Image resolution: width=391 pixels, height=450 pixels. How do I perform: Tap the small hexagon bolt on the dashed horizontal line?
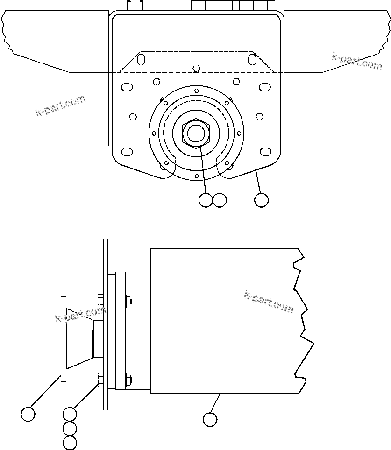click(x=197, y=68)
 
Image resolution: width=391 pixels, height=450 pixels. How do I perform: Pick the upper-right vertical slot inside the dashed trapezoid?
click(x=252, y=59)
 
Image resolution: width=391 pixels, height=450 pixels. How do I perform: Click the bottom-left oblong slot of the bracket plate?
click(x=127, y=151)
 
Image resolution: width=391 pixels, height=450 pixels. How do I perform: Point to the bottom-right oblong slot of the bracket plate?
click(x=265, y=151)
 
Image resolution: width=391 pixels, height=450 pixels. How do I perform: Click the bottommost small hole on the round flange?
click(x=197, y=176)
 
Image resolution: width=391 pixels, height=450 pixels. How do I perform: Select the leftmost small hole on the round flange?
click(x=154, y=134)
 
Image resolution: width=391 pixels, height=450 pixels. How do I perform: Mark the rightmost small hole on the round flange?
click(x=239, y=134)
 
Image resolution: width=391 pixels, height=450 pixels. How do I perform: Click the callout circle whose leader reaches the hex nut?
click(x=205, y=200)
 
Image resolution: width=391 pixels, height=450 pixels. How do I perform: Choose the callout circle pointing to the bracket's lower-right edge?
click(x=262, y=200)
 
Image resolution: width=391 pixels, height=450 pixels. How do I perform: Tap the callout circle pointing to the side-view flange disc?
click(x=28, y=414)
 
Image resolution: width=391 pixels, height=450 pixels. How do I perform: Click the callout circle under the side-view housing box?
click(x=210, y=419)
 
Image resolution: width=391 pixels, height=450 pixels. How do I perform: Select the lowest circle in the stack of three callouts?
click(x=70, y=443)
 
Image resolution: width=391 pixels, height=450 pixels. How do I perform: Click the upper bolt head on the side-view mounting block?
click(x=128, y=301)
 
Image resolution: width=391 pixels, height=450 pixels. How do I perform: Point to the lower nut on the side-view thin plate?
click(x=100, y=380)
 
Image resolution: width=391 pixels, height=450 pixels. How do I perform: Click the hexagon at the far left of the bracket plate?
click(x=133, y=116)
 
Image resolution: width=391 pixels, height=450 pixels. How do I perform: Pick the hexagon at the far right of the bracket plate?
click(x=260, y=115)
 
